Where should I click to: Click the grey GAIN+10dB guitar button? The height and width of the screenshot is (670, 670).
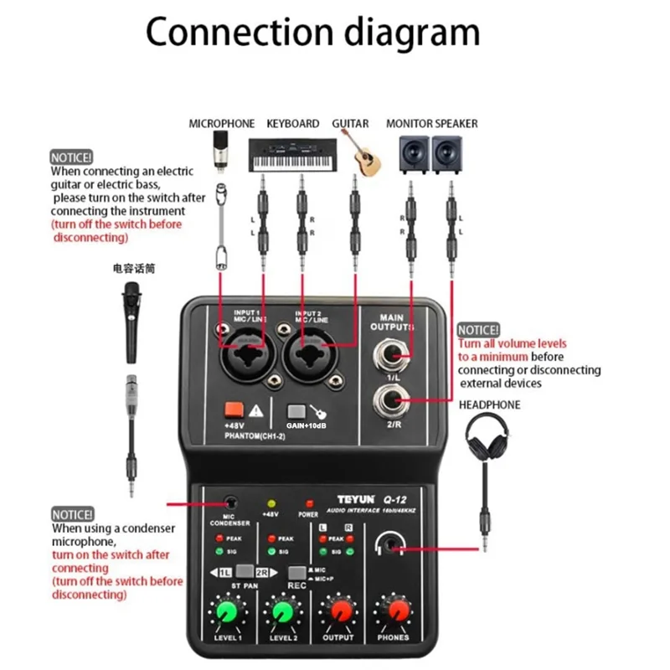[x=295, y=412]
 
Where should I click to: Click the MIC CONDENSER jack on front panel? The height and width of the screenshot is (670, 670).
[x=230, y=502]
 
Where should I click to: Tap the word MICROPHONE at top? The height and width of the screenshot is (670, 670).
[x=221, y=123]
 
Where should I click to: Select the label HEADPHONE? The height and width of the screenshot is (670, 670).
[x=489, y=405]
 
